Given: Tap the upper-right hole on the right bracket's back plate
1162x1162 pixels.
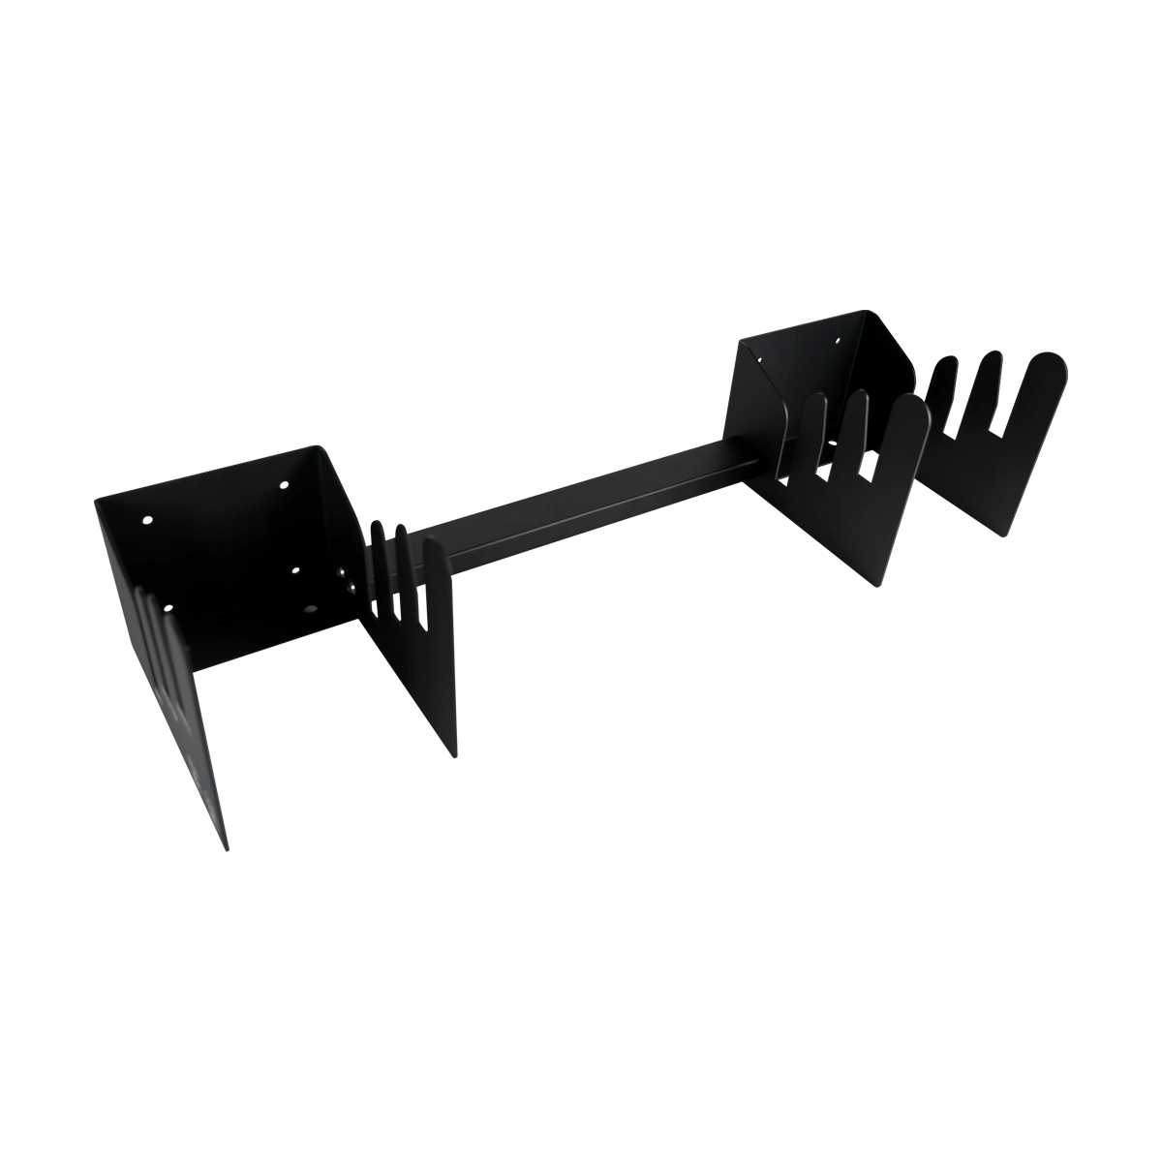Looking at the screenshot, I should (x=839, y=339).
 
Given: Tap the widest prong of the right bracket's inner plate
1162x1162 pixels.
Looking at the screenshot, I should (x=905, y=426).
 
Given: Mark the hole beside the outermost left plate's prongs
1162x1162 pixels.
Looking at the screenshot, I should (x=168, y=608).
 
